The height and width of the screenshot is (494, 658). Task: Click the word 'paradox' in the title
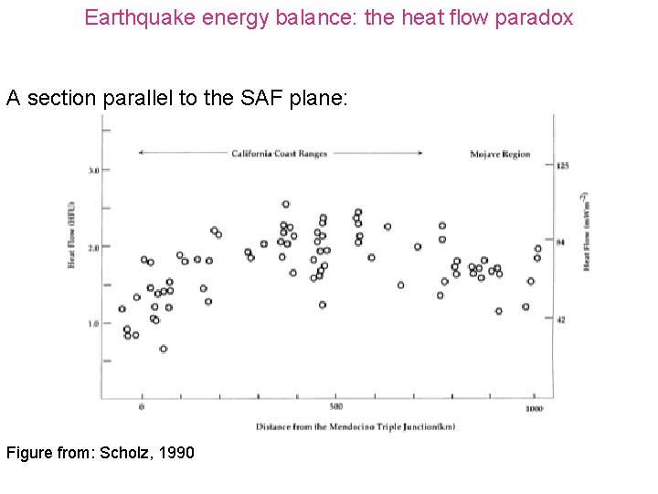pos(535,17)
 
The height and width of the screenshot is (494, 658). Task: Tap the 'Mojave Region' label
pos(499,154)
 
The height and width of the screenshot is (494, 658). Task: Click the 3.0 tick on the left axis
pos(93,171)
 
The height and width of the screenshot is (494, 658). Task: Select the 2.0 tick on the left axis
pos(93,247)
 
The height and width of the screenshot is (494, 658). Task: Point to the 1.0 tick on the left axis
pos(93,323)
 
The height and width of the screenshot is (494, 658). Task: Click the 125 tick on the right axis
pos(563,166)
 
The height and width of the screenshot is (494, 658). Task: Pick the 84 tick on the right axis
pos(561,242)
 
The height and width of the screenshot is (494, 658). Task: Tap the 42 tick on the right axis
pos(561,319)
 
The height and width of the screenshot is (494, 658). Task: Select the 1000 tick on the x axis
pos(534,408)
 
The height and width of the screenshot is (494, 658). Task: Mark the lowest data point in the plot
pos(163,349)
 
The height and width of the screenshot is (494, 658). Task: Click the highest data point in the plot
pos(286,204)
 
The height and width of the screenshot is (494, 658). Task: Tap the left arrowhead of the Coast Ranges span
pos(141,153)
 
